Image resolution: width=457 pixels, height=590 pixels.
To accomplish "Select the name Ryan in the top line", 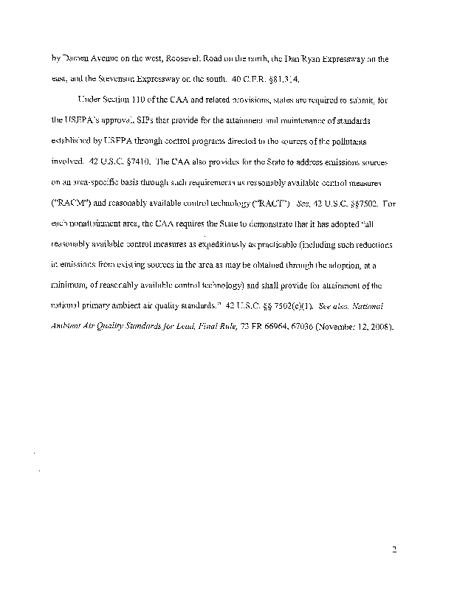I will pyautogui.click(x=331, y=57).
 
